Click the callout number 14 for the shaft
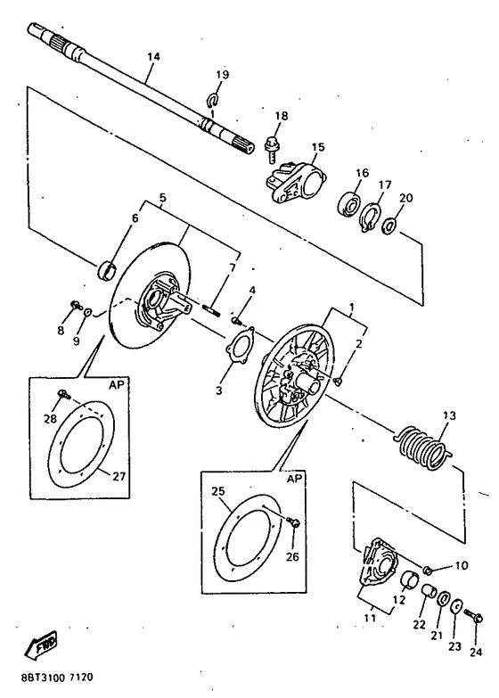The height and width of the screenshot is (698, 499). [x=153, y=57]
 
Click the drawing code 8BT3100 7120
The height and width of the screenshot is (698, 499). [x=56, y=678]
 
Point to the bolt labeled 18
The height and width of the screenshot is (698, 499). [x=271, y=148]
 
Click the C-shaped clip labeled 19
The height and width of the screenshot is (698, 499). [x=213, y=100]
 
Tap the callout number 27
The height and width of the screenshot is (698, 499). [x=119, y=477]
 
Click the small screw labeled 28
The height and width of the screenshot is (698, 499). [x=64, y=393]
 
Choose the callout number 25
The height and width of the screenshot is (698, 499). [x=218, y=491]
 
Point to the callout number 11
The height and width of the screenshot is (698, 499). [x=370, y=618]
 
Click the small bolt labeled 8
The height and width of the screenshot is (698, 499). [x=76, y=305]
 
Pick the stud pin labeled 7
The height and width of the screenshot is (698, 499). [x=212, y=310]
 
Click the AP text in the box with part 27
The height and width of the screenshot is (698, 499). [x=116, y=384]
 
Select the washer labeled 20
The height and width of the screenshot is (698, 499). [x=390, y=226]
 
